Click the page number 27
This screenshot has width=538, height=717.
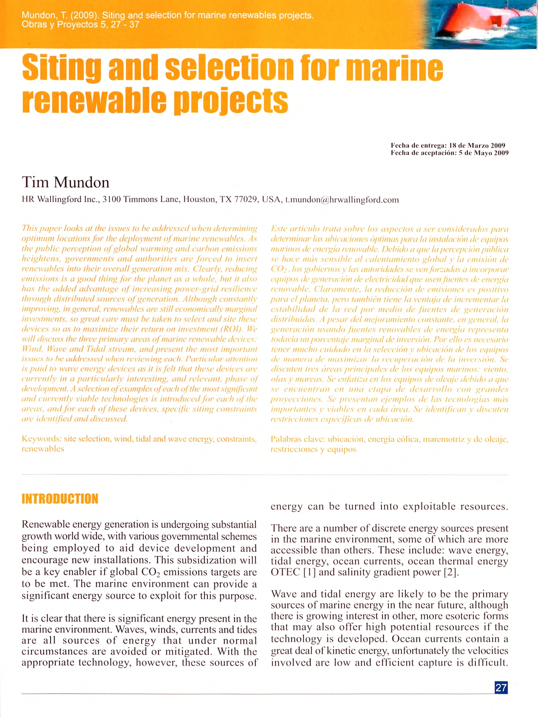click(x=501, y=688)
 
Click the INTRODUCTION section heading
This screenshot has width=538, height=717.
click(x=60, y=499)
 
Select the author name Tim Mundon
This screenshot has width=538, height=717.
click(x=66, y=182)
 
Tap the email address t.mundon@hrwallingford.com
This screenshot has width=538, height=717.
click(x=342, y=200)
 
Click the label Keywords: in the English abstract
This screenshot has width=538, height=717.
click(x=41, y=439)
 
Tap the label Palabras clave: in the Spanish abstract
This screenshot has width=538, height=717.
click(x=297, y=439)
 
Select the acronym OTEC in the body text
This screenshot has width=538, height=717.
click(x=285, y=572)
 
